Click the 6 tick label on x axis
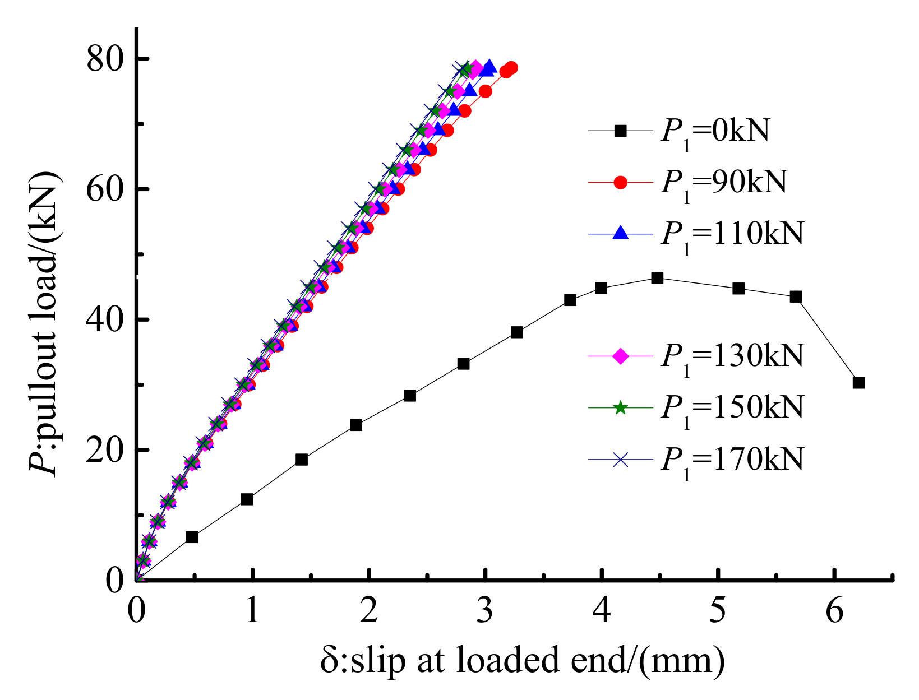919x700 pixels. pyautogui.click(x=834, y=611)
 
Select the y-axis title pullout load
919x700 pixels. pyautogui.click(x=44, y=322)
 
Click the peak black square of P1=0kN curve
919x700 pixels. pyautogui.click(x=657, y=278)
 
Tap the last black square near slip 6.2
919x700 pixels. pyautogui.click(x=858, y=383)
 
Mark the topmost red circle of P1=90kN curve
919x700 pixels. pyautogui.click(x=511, y=68)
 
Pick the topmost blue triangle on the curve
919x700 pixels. pyautogui.click(x=489, y=67)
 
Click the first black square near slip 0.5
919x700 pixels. pyautogui.click(x=192, y=537)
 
